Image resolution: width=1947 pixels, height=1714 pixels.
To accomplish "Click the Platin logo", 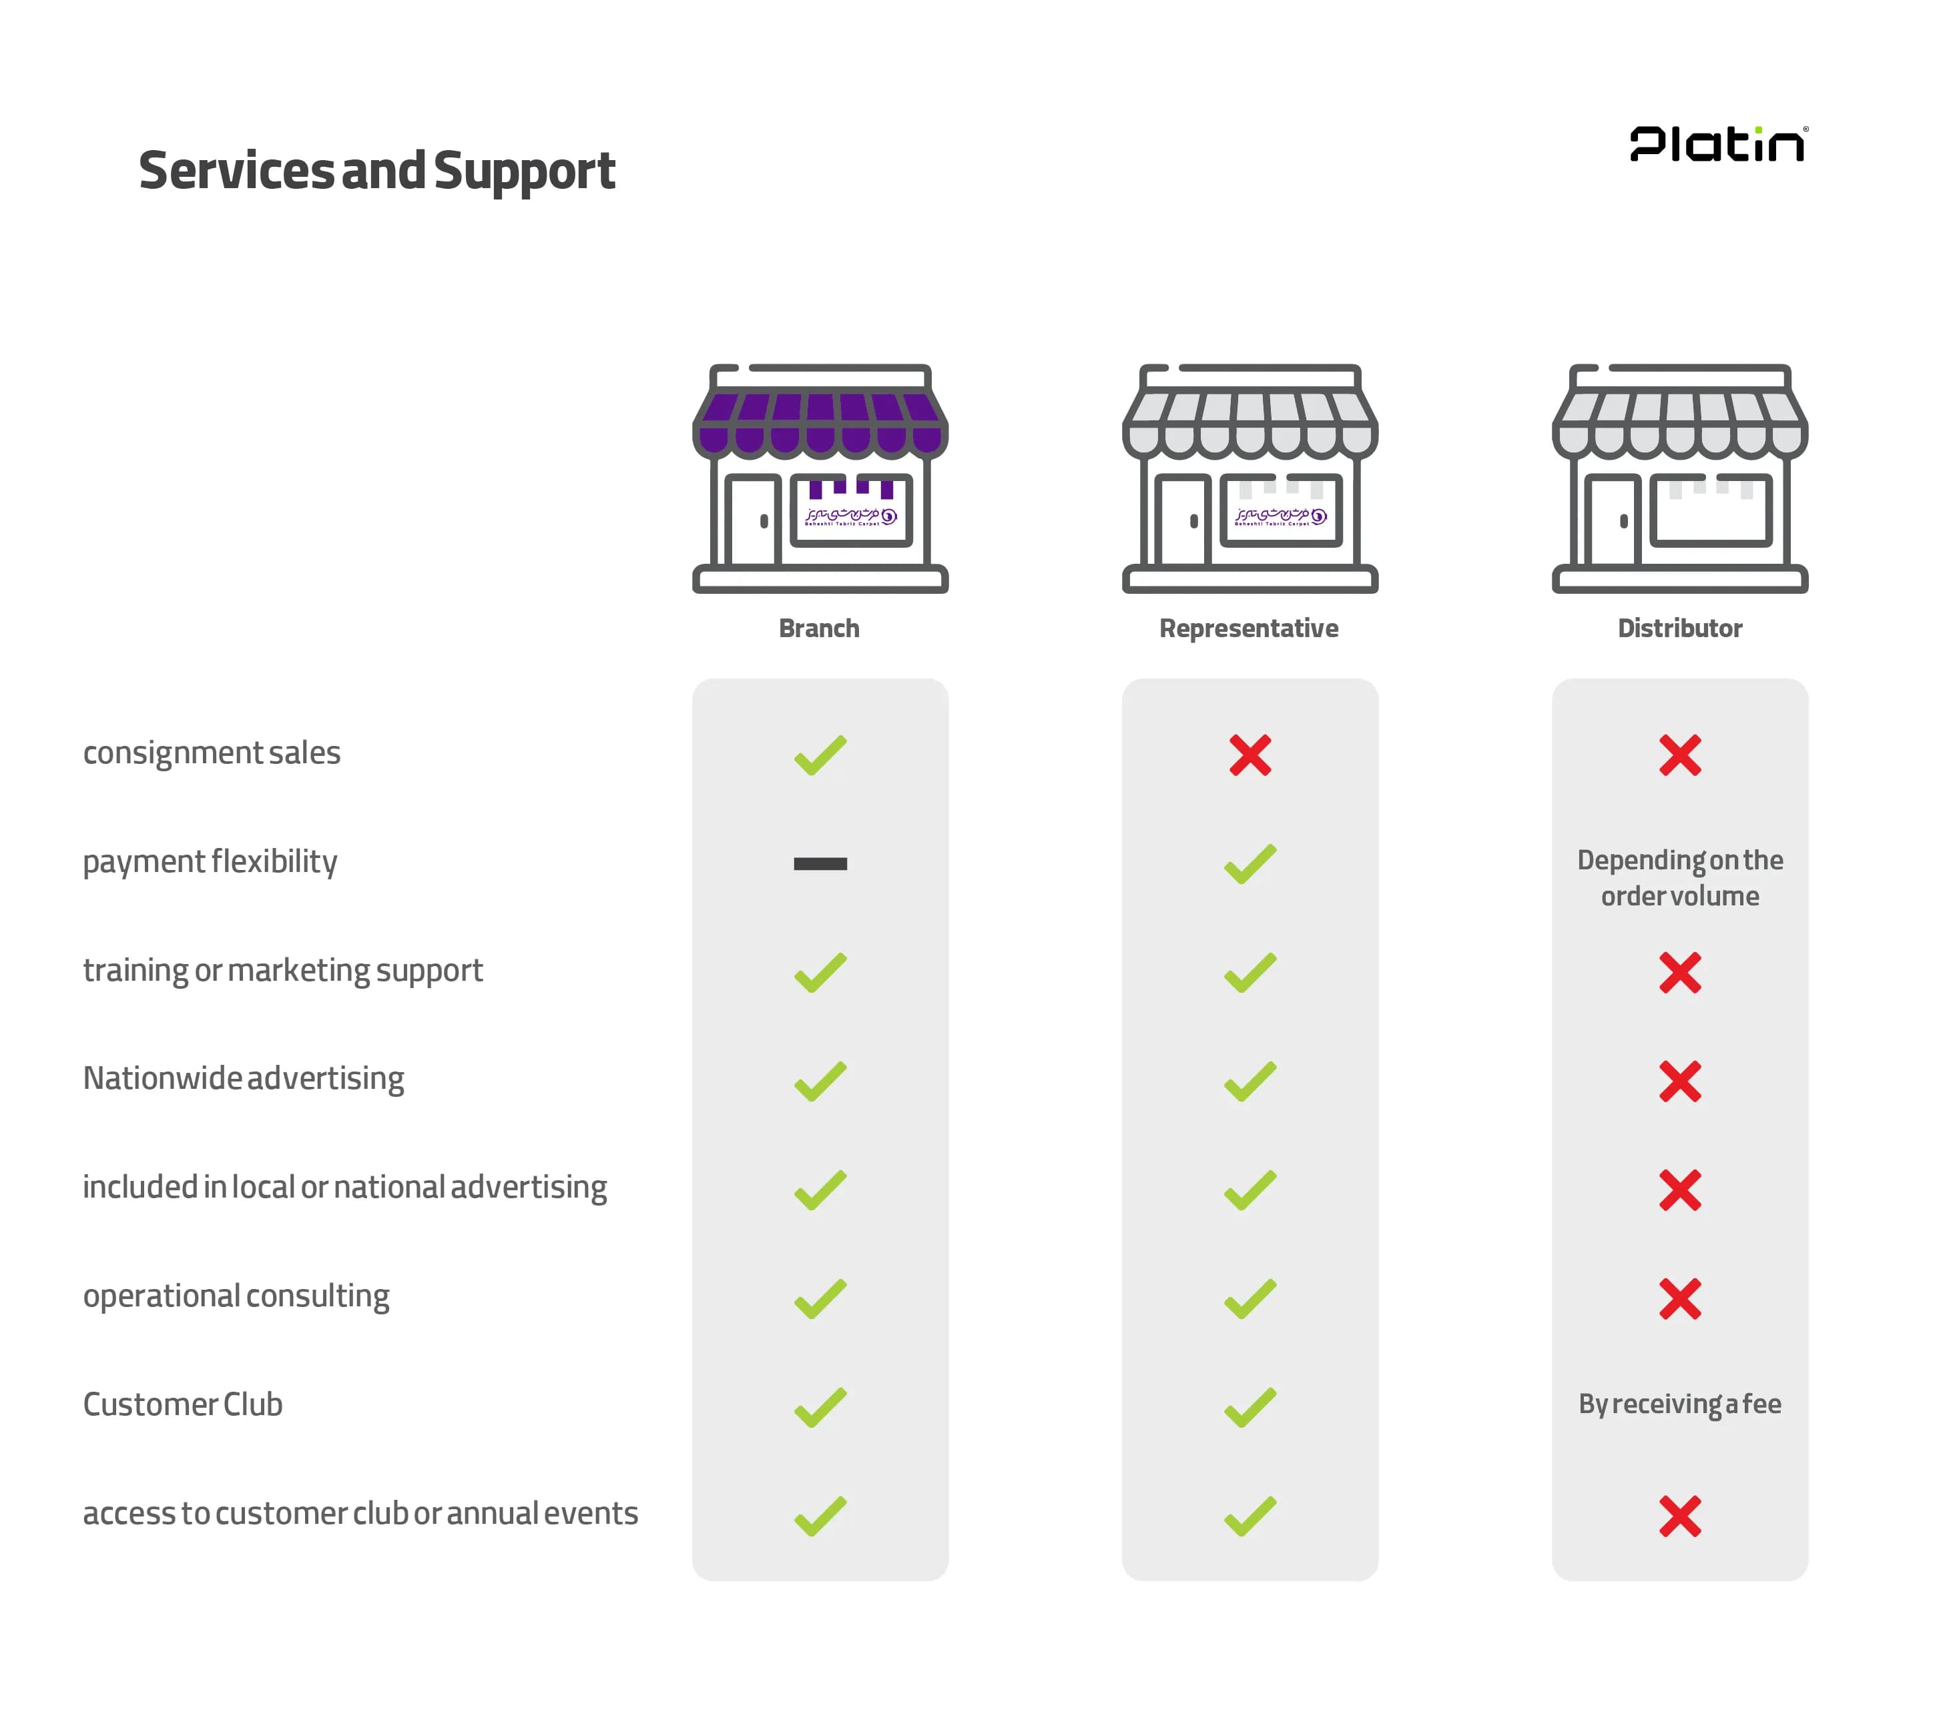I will (x=1717, y=144).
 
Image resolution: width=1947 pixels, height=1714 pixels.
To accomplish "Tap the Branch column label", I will (x=819, y=628).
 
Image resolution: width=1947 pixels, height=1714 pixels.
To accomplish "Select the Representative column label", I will (x=1249, y=628).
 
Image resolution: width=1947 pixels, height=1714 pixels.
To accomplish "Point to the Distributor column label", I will (x=1679, y=628).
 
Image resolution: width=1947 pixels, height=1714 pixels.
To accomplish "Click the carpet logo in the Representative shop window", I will (x=1280, y=516).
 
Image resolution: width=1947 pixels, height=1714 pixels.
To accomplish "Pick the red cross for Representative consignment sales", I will (x=1249, y=755).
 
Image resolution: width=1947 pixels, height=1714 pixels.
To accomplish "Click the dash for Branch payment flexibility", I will (x=820, y=863).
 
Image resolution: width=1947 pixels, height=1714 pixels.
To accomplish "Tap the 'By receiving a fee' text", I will (x=1679, y=1404).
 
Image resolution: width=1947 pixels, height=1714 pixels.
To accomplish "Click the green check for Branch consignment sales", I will (x=820, y=755).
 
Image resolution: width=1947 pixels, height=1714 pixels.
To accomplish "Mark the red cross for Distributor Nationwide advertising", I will (x=1679, y=1081).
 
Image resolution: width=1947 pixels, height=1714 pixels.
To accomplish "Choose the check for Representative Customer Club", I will (x=1249, y=1406).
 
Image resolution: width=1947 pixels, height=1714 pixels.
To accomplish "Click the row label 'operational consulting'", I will (x=236, y=1296).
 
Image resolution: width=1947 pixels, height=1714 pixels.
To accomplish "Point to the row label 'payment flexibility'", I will (x=210, y=862).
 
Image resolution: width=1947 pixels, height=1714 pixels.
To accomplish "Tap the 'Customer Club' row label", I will (x=183, y=1404).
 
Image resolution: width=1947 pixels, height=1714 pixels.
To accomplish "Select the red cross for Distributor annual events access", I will (x=1679, y=1516).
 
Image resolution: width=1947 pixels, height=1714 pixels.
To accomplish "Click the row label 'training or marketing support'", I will (x=283, y=970).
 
